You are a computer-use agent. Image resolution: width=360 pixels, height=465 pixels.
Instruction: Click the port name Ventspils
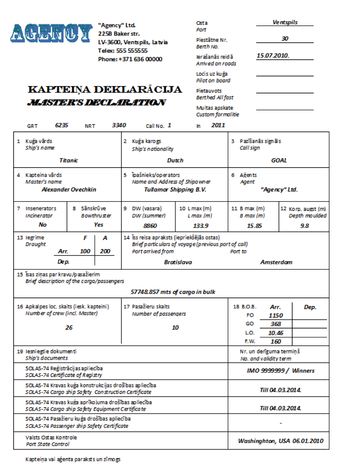[x=285, y=22]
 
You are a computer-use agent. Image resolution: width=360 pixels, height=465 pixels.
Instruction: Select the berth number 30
[x=285, y=38]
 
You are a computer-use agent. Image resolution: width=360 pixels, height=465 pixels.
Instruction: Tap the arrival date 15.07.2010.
[x=273, y=55]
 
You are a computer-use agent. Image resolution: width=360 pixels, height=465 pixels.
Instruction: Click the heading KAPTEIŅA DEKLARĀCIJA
[x=105, y=90]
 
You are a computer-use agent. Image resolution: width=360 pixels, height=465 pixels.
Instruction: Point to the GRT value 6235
[x=62, y=125]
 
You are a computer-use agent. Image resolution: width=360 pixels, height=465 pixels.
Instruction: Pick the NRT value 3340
[x=119, y=125]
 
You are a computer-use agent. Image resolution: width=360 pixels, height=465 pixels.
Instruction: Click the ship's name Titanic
[x=69, y=160]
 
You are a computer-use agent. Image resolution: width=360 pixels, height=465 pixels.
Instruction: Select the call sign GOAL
[x=279, y=160]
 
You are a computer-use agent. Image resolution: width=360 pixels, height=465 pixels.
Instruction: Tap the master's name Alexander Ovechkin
[x=69, y=190]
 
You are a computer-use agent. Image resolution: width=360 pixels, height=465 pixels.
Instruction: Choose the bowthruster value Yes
[x=98, y=225]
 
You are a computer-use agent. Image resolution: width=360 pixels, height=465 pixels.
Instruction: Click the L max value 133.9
[x=201, y=225]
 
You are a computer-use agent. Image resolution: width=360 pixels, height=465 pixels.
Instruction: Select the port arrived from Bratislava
[x=178, y=262]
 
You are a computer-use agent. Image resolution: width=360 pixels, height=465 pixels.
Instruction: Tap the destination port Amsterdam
[x=276, y=262]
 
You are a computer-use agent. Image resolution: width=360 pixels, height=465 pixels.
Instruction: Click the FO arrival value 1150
[x=276, y=316]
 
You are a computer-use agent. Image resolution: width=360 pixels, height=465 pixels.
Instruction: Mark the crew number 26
[x=69, y=328]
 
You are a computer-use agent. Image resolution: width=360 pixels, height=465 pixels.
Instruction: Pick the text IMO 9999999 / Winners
[x=281, y=371]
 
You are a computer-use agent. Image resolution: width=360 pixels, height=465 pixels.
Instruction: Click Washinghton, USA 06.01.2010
[x=281, y=441]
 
